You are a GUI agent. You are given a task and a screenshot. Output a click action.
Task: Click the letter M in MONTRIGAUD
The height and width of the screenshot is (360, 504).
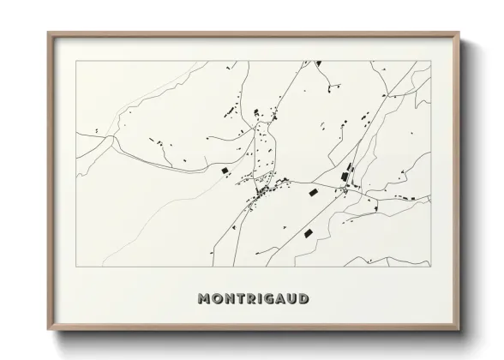pos(204,299)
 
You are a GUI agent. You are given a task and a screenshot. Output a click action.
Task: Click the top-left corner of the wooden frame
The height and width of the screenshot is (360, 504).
pos(49,33)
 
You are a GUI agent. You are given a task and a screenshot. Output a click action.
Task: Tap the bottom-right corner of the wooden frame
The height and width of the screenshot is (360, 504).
pos(459,330)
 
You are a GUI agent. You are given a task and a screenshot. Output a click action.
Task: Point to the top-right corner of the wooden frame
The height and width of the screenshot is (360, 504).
pos(459,33)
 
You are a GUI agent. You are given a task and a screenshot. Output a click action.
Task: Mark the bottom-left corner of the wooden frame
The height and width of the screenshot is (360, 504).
pos(49,330)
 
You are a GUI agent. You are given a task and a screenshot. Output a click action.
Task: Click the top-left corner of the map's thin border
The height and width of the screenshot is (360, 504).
pos(76,62)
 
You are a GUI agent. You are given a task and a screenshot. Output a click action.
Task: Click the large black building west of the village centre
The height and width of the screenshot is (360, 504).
pos(227,172)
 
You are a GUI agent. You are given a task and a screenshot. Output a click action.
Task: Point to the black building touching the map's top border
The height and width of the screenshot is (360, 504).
pos(317,63)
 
